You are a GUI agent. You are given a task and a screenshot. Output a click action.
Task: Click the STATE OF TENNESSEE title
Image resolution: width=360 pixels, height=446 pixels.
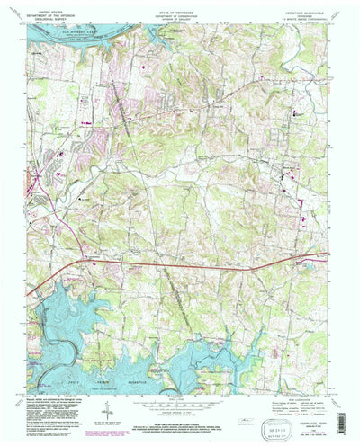click(180, 4)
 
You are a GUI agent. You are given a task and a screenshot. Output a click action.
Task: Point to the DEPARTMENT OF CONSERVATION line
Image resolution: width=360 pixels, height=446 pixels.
click(180, 9)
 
